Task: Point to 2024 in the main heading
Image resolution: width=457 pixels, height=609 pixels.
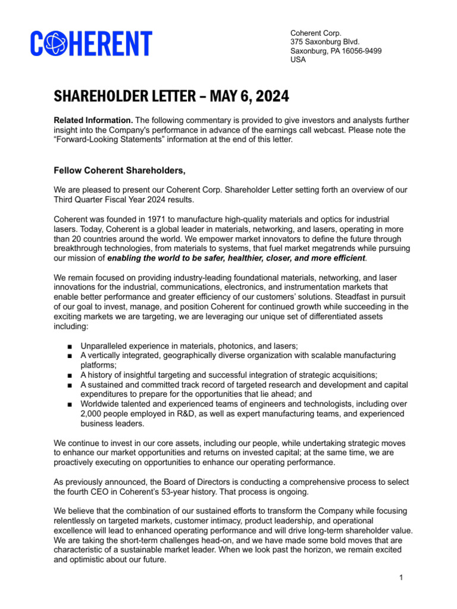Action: click(268, 96)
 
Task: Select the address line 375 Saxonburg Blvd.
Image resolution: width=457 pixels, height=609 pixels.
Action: click(325, 42)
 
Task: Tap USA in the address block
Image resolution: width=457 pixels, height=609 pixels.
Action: click(298, 59)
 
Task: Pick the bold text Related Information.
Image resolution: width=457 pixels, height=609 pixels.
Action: click(93, 120)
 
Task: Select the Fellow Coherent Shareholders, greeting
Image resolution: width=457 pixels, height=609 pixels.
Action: click(120, 171)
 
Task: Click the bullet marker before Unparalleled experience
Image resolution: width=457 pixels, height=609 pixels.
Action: click(70, 346)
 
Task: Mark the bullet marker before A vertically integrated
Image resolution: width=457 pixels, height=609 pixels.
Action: click(70, 356)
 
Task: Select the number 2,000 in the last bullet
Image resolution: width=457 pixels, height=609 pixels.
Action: click(92, 414)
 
